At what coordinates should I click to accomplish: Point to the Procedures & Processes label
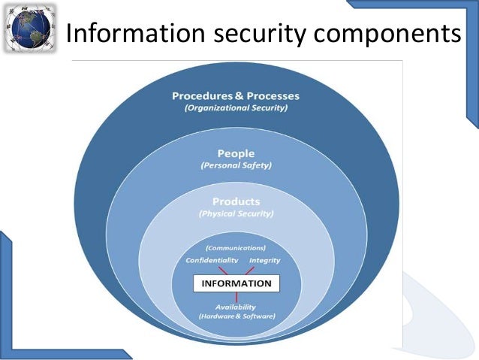coord(235,96)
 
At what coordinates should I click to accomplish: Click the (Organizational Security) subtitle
coord(235,108)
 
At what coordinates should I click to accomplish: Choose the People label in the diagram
coord(235,153)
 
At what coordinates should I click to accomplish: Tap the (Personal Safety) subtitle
coord(235,165)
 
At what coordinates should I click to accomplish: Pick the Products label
coord(236,201)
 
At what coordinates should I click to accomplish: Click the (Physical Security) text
coord(236,213)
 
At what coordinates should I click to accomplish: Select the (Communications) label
coord(236,247)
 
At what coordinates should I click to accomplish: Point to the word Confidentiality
coord(212,260)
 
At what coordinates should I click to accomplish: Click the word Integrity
coord(264,260)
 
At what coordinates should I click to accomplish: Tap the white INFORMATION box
coord(236,283)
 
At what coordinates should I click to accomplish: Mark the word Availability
coord(236,307)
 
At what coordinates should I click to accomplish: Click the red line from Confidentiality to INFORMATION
coord(224,269)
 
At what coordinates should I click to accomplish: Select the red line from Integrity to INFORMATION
coord(249,269)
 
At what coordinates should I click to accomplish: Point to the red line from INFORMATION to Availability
coord(236,297)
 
